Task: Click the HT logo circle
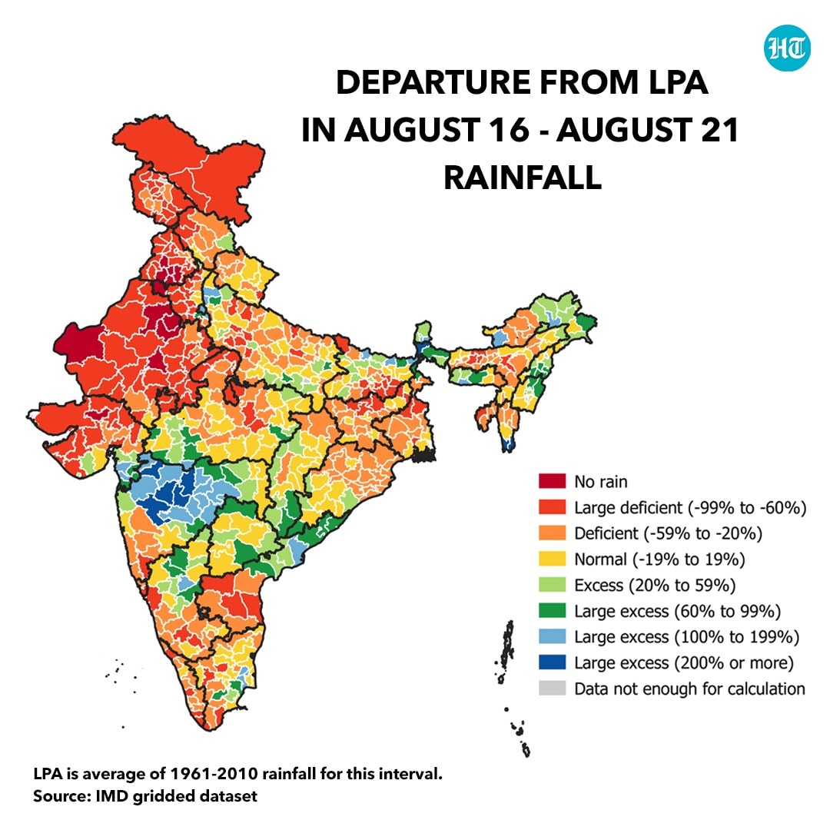click(x=787, y=48)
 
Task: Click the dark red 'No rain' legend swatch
click(x=552, y=480)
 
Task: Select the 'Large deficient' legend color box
click(x=552, y=506)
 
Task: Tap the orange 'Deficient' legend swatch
click(x=552, y=533)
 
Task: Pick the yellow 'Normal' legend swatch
click(x=552, y=559)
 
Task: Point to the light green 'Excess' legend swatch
click(x=552, y=584)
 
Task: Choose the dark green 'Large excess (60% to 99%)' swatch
click(x=552, y=610)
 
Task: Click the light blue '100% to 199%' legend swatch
click(x=552, y=636)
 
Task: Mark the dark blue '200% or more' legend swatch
click(x=552, y=662)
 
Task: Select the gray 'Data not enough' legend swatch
click(x=552, y=688)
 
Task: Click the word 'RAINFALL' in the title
click(x=523, y=178)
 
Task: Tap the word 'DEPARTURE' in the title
click(x=433, y=82)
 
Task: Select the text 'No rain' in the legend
click(x=601, y=482)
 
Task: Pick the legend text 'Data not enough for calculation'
click(x=689, y=689)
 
